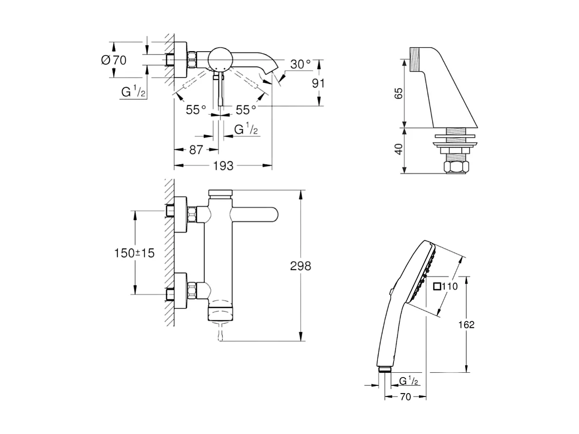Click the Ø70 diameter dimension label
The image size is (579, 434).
tap(113, 60)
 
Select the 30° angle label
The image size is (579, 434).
tap(300, 65)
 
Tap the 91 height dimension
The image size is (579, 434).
tap(318, 83)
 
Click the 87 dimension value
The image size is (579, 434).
tap(196, 150)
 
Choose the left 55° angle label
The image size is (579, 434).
tap(196, 110)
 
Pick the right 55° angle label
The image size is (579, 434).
tap(246, 110)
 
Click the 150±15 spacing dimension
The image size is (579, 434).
tap(134, 253)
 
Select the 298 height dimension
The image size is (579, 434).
tap(300, 266)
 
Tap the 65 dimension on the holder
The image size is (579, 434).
tap(398, 93)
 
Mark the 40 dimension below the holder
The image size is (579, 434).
tap(398, 149)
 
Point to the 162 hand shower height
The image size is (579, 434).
tap(466, 324)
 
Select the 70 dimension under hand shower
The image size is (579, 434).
tap(405, 397)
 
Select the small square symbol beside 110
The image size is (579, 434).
tap(436, 286)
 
